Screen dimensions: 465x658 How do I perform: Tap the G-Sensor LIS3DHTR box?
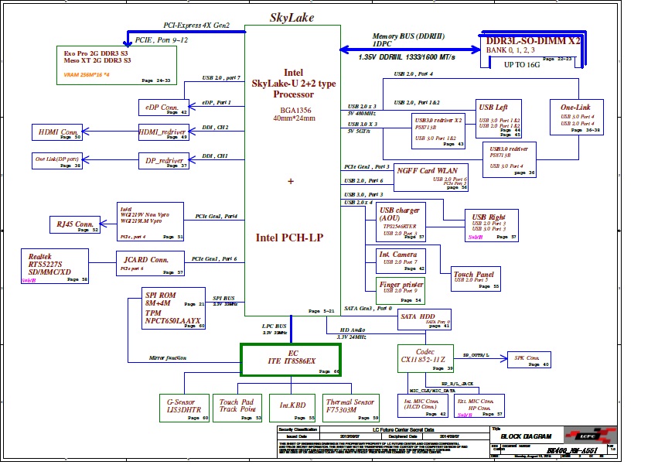click(184, 408)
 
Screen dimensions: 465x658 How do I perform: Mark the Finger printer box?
click(400, 290)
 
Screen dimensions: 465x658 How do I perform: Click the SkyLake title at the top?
click(292, 17)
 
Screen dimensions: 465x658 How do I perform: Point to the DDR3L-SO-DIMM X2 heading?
click(530, 39)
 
